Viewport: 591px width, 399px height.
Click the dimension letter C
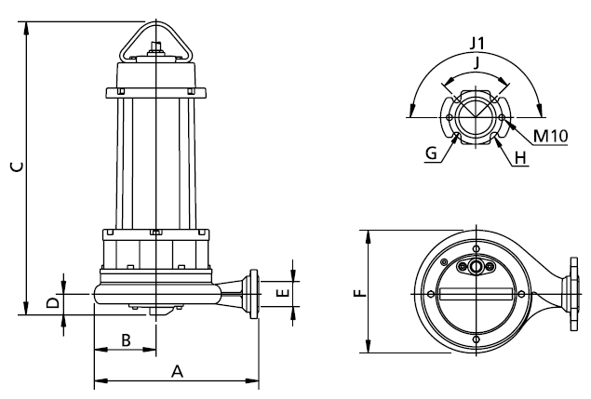click(x=17, y=166)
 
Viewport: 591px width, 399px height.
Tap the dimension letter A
click(x=177, y=371)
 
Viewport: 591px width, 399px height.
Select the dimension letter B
click(x=126, y=340)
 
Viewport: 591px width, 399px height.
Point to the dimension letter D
click(x=53, y=302)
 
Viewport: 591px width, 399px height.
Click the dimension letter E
click(x=283, y=293)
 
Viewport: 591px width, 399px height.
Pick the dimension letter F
click(x=360, y=293)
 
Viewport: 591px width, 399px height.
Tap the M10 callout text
click(x=551, y=136)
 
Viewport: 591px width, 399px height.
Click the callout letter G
click(x=431, y=153)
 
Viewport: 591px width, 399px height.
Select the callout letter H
click(x=520, y=158)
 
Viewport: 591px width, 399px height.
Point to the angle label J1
click(x=477, y=44)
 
